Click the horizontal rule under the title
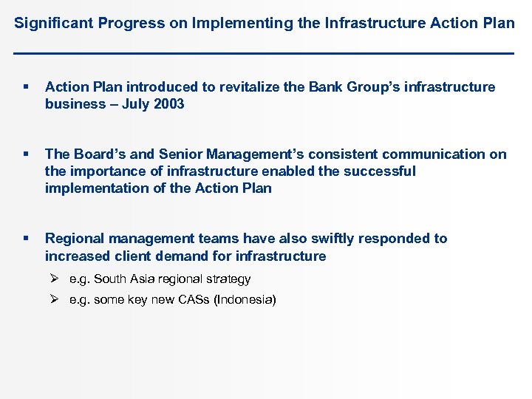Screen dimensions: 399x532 265,53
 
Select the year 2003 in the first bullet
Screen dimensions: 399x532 169,104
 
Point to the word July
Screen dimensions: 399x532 136,104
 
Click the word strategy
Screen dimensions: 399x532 228,279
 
